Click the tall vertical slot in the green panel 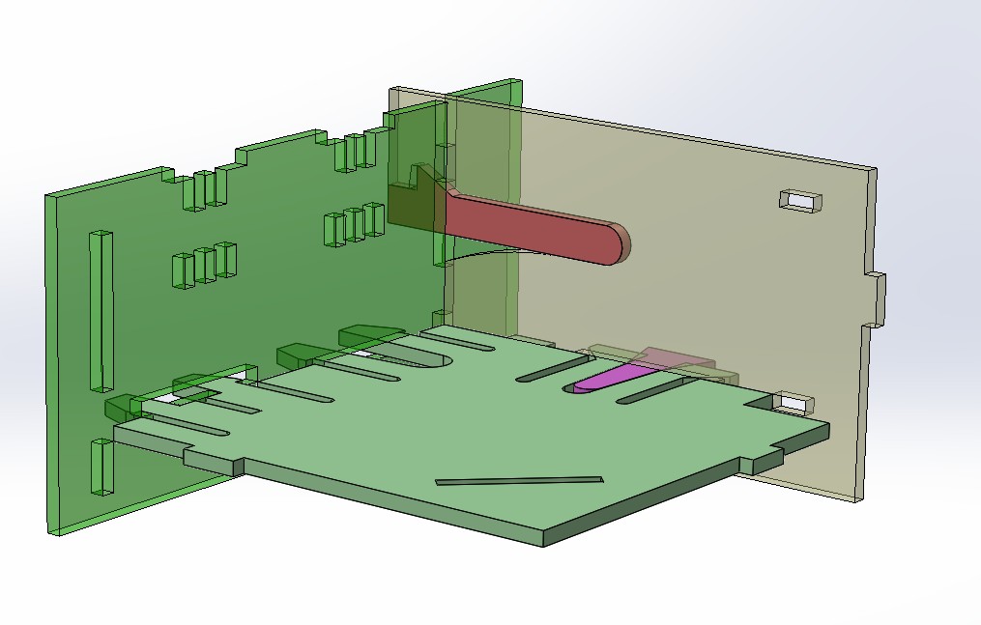click(x=101, y=310)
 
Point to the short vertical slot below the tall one click(x=101, y=466)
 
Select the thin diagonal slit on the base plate click(x=519, y=480)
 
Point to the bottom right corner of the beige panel click(x=859, y=498)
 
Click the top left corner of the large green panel click(x=48, y=196)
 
